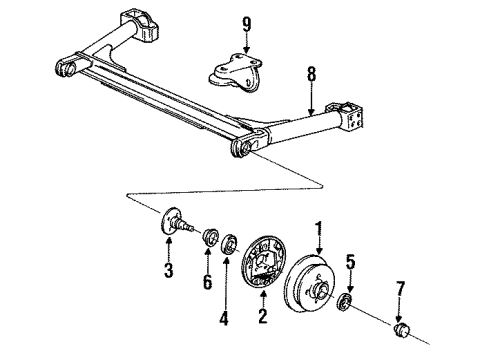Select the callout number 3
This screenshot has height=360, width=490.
[169, 270]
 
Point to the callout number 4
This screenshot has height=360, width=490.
[224, 317]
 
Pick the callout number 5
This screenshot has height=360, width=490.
[350, 262]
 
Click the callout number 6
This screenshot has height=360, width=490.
[207, 282]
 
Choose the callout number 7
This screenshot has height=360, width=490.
[400, 289]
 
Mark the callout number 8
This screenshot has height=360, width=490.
[311, 75]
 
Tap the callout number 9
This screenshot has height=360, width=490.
[246, 24]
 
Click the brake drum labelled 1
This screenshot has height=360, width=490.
[309, 284]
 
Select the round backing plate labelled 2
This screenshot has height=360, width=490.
[263, 262]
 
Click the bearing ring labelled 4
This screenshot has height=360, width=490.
[229, 244]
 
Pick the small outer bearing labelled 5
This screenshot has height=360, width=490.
[345, 302]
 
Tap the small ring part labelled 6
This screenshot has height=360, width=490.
[211, 236]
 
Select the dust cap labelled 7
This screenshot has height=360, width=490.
[402, 330]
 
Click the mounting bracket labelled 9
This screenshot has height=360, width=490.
[236, 73]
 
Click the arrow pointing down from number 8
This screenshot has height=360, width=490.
[311, 99]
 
